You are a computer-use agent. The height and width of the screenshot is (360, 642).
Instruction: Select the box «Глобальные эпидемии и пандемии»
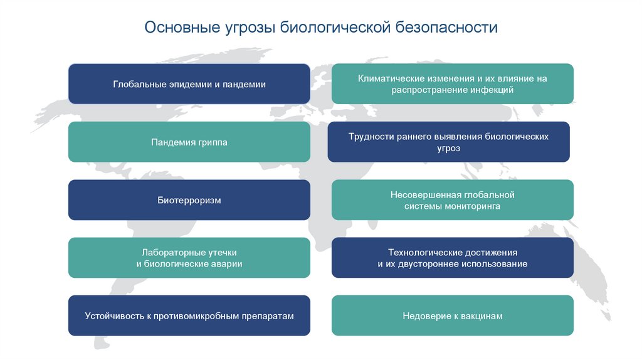pyautogui.click(x=189, y=83)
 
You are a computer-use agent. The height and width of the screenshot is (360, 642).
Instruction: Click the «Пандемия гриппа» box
pyautogui.click(x=189, y=142)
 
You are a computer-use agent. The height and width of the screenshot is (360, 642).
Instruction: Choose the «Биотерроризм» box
pyautogui.click(x=189, y=200)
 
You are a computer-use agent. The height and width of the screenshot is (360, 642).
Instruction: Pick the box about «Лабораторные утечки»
pyautogui.click(x=189, y=258)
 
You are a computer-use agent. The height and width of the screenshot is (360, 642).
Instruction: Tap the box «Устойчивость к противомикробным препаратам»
pyautogui.click(x=189, y=315)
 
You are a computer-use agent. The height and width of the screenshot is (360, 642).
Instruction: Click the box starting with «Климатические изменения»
pyautogui.click(x=452, y=83)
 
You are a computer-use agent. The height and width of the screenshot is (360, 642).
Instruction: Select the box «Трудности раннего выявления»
pyautogui.click(x=448, y=142)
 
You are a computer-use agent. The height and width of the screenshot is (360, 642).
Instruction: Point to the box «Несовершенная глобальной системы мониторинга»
pyautogui.click(x=452, y=200)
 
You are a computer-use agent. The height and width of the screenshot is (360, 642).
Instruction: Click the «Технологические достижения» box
pyautogui.click(x=452, y=258)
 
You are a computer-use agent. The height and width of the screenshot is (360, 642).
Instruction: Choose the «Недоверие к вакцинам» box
pyautogui.click(x=452, y=315)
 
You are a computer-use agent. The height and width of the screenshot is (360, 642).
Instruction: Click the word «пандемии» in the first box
pyautogui.click(x=245, y=84)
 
